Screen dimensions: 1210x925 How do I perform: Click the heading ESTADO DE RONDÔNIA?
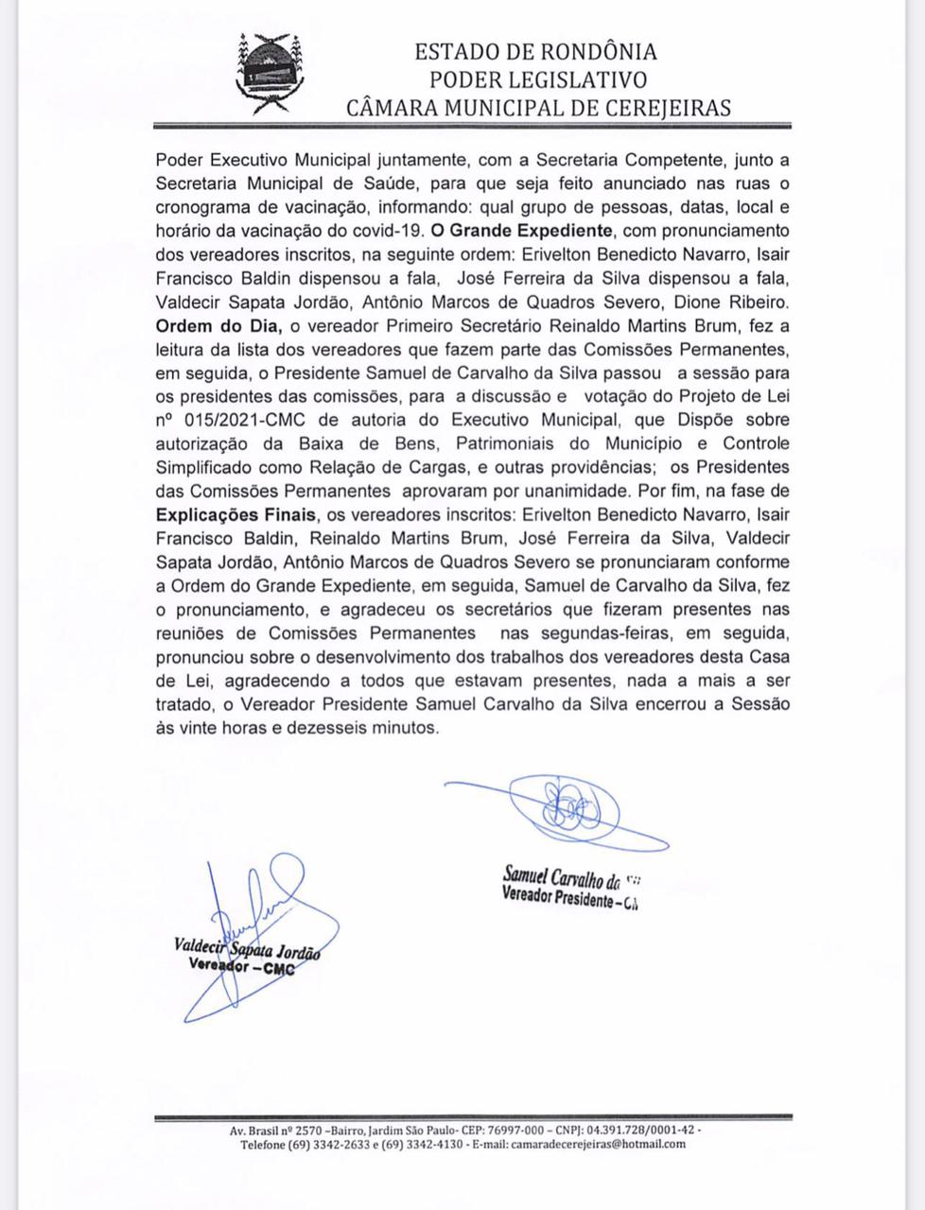[535, 52]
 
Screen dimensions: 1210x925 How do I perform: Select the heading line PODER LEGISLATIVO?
[537, 79]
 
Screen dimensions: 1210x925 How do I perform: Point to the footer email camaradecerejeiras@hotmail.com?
[598, 1144]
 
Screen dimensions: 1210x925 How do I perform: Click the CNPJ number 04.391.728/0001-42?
[639, 1130]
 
